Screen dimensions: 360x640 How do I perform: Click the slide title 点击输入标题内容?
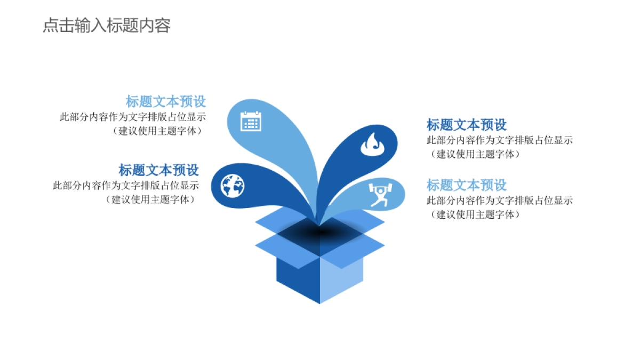[107, 26]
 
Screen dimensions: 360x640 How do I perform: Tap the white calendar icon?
[251, 121]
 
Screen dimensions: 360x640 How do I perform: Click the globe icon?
[233, 186]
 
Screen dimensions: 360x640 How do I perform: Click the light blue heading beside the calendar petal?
[166, 101]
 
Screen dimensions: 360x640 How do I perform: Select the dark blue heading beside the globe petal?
[159, 170]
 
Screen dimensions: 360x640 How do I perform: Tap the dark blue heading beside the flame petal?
[467, 125]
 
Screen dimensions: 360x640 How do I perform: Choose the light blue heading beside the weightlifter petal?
[467, 185]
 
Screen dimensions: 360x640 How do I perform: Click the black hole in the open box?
[320, 233]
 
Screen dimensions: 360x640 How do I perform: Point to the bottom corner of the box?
[320, 302]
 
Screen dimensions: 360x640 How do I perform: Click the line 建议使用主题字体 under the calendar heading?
[160, 131]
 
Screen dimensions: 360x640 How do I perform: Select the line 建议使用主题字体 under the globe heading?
[153, 199]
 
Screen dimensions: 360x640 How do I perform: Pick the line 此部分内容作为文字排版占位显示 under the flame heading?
[500, 140]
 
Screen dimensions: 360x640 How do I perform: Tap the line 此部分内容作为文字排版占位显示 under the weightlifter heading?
[500, 201]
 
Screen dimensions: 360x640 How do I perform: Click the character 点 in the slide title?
[51, 26]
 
